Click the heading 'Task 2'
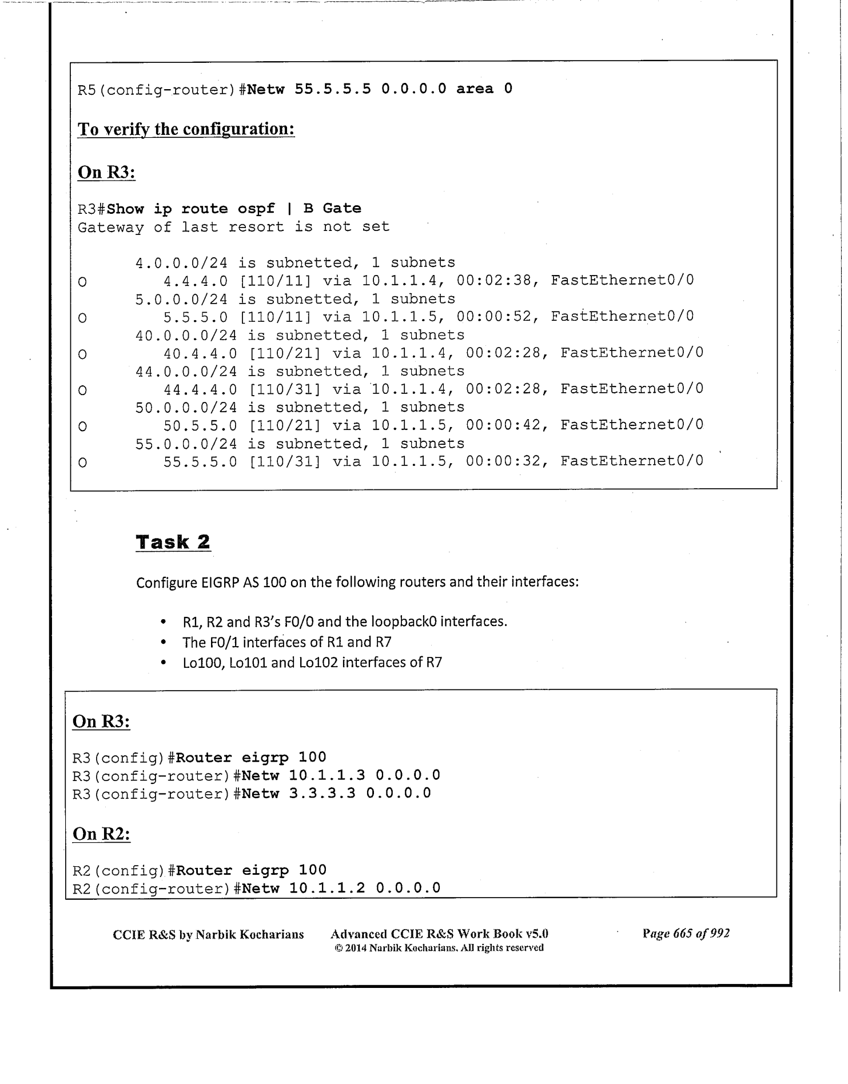(x=173, y=542)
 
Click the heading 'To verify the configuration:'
(x=186, y=129)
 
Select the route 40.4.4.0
(x=200, y=353)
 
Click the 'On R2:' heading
(x=101, y=834)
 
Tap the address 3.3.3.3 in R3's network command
(x=322, y=794)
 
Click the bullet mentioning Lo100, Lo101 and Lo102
(x=312, y=663)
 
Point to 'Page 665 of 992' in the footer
(x=686, y=934)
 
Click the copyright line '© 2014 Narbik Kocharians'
(x=439, y=948)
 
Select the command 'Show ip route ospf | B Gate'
(x=234, y=209)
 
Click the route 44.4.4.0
(x=200, y=389)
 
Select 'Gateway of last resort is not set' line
(x=233, y=227)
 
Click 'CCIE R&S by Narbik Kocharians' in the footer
(x=208, y=935)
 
